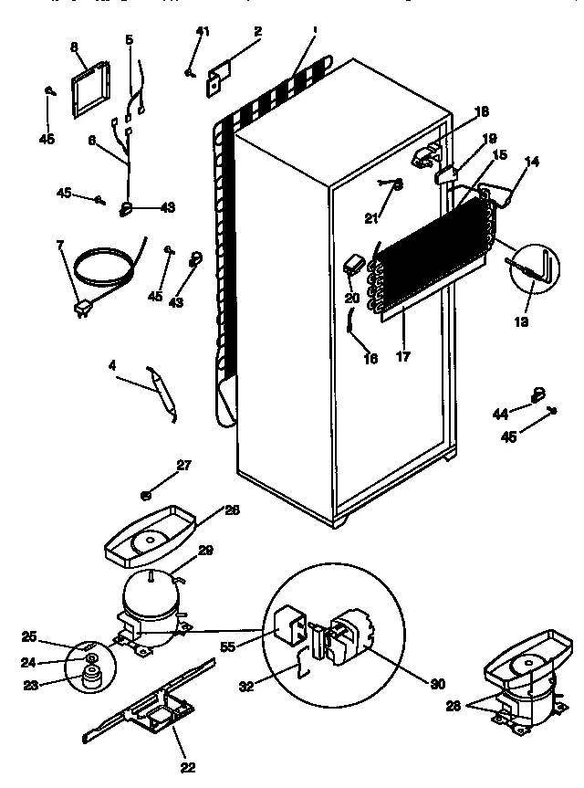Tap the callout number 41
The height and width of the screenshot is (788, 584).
pyautogui.click(x=203, y=32)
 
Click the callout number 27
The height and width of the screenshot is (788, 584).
pyautogui.click(x=183, y=465)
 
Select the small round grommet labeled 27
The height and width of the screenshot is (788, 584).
pyautogui.click(x=145, y=496)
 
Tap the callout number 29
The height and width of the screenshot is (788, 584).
pyautogui.click(x=206, y=551)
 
